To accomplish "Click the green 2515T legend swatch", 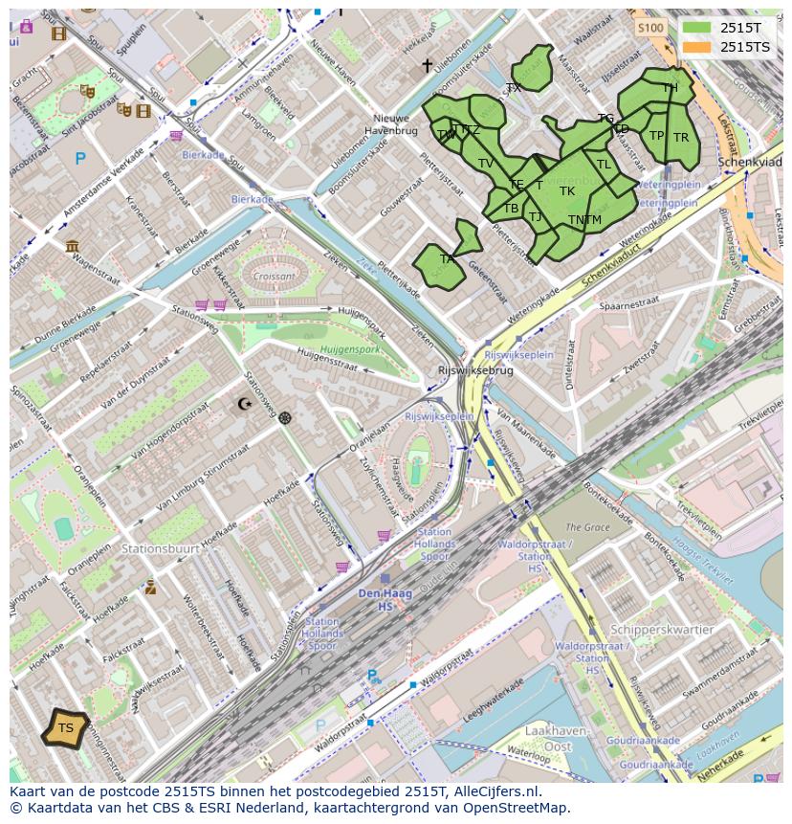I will pos(697,28).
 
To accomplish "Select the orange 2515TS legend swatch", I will pos(697,47).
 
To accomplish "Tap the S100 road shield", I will pos(649,28).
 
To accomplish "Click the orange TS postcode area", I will pos(65,728).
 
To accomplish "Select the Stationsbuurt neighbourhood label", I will pos(160,549).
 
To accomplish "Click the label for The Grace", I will pos(586,527).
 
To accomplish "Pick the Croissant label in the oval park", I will pos(275,276).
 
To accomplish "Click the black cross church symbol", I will pos(428,66).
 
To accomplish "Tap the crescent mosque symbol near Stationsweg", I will pos(246,404).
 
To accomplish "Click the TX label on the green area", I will pos(514,88).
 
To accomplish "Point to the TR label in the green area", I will pos(680,138).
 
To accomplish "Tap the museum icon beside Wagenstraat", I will pos(73,246).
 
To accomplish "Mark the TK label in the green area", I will pos(567,191).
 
